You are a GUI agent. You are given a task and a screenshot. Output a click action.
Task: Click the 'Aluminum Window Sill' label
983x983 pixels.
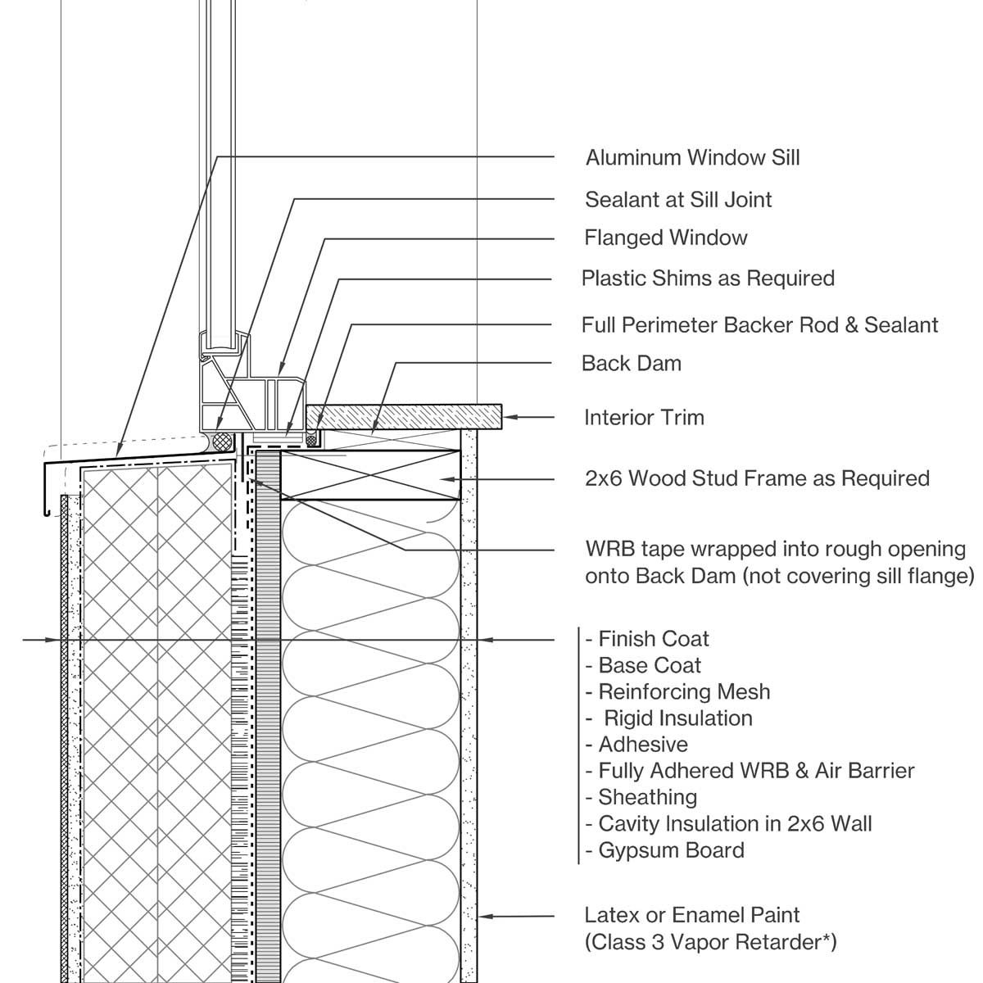pyautogui.click(x=692, y=157)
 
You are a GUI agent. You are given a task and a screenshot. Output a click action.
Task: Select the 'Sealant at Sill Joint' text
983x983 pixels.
pyautogui.click(x=678, y=199)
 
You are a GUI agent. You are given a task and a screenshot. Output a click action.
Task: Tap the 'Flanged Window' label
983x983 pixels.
pyautogui.click(x=665, y=238)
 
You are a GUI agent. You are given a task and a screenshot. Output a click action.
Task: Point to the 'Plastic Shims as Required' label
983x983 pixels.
pyautogui.click(x=708, y=279)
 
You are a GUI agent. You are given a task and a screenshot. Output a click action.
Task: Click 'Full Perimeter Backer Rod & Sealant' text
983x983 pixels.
pyautogui.click(x=759, y=324)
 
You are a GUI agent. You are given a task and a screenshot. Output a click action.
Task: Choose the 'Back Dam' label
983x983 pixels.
pyautogui.click(x=631, y=363)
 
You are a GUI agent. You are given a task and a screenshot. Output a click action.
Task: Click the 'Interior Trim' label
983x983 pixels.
pyautogui.click(x=644, y=418)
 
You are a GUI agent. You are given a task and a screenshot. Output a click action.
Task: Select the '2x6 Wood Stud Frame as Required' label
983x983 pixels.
pyautogui.click(x=757, y=478)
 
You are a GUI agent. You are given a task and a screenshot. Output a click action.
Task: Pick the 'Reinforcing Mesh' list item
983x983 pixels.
pyautogui.click(x=684, y=691)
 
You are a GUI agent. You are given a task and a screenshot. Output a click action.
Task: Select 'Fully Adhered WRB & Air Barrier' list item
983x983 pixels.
pyautogui.click(x=756, y=771)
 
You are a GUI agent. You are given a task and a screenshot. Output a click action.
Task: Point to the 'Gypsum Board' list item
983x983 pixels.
pyautogui.click(x=671, y=850)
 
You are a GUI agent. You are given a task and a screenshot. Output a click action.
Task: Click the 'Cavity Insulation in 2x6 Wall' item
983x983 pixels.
pyautogui.click(x=735, y=823)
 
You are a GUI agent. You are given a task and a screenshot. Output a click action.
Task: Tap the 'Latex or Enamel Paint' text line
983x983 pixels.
pyautogui.click(x=691, y=915)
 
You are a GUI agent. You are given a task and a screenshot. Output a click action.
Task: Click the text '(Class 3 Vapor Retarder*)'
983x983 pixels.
pyautogui.click(x=710, y=942)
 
